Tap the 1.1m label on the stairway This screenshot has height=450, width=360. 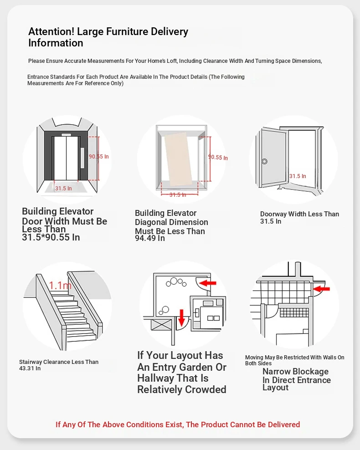point(60,286)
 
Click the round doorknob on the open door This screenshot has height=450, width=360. point(264,161)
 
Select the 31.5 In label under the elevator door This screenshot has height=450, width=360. point(63,188)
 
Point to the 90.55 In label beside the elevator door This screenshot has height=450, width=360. point(99,157)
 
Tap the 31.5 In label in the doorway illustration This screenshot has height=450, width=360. point(298,176)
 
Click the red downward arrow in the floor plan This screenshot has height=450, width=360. point(181,317)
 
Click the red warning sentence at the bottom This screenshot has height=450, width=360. point(178,424)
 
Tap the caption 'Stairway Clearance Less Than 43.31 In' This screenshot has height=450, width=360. point(58,365)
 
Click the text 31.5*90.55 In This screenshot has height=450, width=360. point(51,237)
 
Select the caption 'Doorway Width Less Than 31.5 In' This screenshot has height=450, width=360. point(299,217)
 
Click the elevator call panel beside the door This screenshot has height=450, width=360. point(82,158)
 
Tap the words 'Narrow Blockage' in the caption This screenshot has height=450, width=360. point(295,372)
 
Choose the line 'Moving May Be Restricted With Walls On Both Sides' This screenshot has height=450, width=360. point(294,360)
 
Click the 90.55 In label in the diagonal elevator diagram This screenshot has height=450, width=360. point(218,157)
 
